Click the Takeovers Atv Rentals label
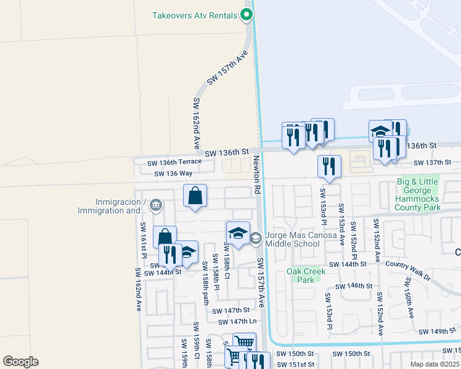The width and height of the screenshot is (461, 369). point(194,15)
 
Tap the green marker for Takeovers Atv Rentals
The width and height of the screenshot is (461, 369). point(247,15)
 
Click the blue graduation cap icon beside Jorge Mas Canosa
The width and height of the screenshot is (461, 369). point(238,233)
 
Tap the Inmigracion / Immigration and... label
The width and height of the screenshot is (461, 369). point(121,207)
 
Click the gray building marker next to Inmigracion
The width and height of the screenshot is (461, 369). point(156,205)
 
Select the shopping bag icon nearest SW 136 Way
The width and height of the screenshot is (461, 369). point(195,196)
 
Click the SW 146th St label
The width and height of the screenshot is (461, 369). point(354,286)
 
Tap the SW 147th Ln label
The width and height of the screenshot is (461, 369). point(237,321)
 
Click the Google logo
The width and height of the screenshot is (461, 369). point(20,361)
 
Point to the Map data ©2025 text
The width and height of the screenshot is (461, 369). point(434,364)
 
